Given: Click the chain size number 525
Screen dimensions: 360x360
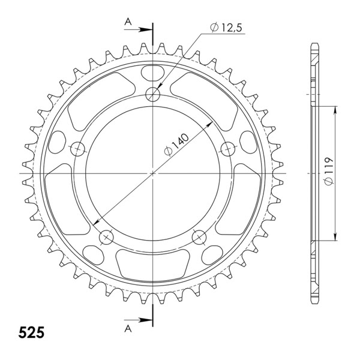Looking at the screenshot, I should click(x=31, y=332).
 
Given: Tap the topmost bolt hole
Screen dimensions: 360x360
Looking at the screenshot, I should click(x=154, y=94).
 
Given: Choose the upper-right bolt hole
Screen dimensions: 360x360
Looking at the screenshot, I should click(x=228, y=148).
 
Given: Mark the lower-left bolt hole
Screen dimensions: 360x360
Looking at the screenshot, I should click(x=107, y=236).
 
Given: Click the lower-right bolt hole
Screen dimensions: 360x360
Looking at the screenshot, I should click(x=200, y=236).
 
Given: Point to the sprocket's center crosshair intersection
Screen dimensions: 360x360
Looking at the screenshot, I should click(x=154, y=173).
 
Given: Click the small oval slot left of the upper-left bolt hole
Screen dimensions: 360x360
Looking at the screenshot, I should click(x=56, y=142).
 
